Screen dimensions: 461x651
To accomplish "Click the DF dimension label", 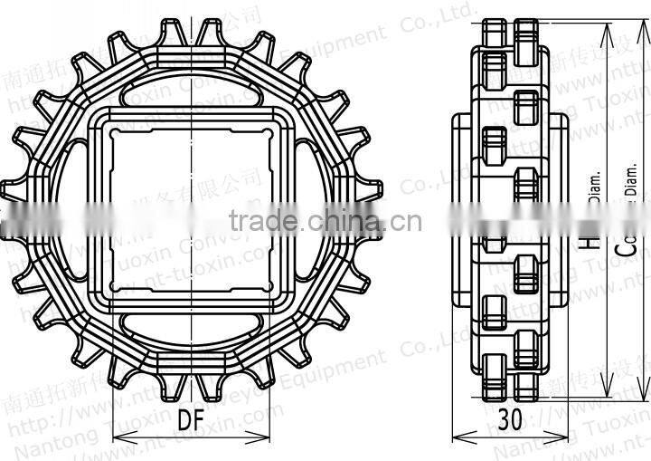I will pyautogui.click(x=189, y=419).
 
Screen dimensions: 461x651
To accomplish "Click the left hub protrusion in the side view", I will pyautogui.click(x=461, y=210).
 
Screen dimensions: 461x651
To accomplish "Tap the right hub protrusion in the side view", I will pyautogui.click(x=561, y=210).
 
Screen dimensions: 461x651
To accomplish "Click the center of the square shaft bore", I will pyautogui.click(x=189, y=209).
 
